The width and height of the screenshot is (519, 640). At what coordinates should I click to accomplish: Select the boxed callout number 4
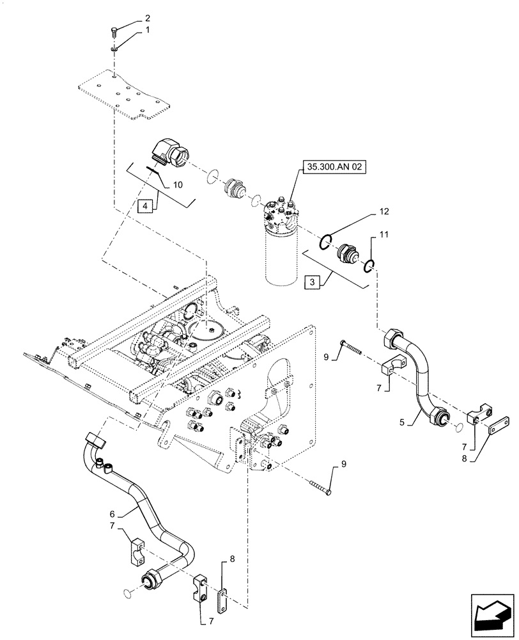[146, 206]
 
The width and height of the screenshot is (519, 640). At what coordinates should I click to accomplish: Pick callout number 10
[177, 184]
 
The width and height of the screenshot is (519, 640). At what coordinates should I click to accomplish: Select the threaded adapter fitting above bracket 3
[348, 253]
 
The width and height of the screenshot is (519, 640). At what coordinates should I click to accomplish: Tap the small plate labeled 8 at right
[499, 427]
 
